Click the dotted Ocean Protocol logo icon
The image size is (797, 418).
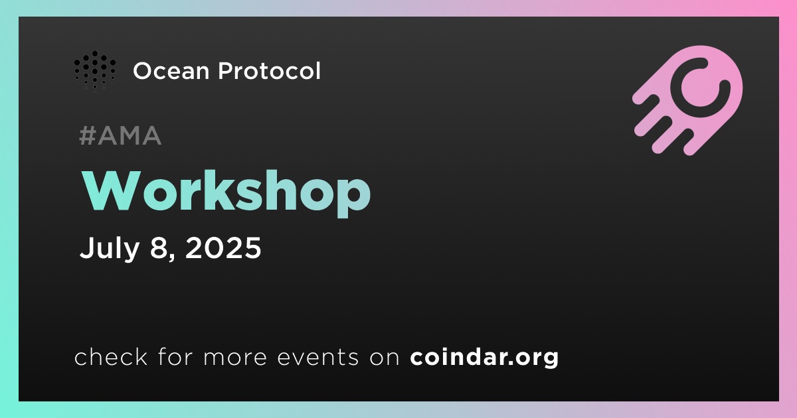pyautogui.click(x=94, y=71)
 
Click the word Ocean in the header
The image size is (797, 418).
pyautogui.click(x=171, y=71)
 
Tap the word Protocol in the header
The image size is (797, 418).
pyautogui.click(x=270, y=70)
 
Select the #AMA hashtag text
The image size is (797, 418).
pyautogui.click(x=120, y=135)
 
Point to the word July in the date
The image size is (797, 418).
pyautogui.click(x=109, y=248)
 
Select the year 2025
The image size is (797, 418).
pyautogui.click(x=223, y=247)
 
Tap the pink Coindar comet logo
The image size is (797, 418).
pyautogui.click(x=687, y=100)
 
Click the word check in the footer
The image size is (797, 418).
pyautogui.click(x=111, y=356)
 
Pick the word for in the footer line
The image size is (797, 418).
pyautogui.click(x=175, y=356)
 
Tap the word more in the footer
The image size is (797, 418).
pyautogui.click(x=235, y=358)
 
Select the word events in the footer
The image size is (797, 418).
pyautogui.click(x=317, y=358)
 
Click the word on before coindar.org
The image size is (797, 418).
pyautogui.click(x=385, y=358)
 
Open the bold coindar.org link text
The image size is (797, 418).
pyautogui.click(x=484, y=358)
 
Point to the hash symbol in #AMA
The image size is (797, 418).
pyautogui.click(x=87, y=135)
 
